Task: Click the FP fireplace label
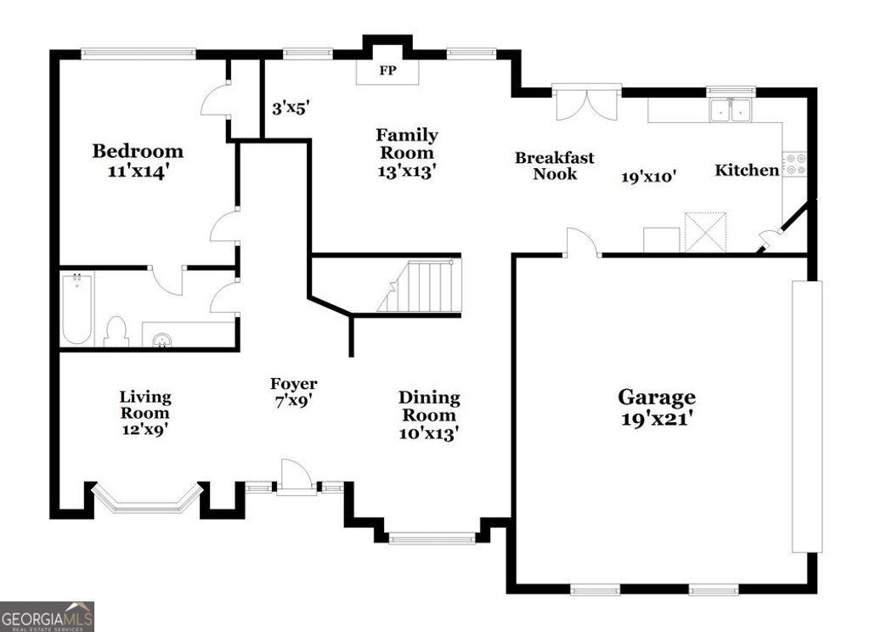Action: coord(387,71)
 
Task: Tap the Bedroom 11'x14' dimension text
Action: coord(138,172)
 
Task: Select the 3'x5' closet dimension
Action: coord(291,108)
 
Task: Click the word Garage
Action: coord(657,398)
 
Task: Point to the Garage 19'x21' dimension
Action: coord(657,419)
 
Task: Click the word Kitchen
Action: coord(747,170)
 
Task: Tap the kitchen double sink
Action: coord(730,110)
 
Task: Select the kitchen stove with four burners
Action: coord(794,164)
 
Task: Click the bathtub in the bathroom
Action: coord(76,308)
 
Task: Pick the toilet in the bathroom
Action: coord(116,331)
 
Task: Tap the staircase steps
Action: coord(421,286)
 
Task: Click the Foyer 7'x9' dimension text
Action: coord(293,401)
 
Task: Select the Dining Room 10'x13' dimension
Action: coord(429,432)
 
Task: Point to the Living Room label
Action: coord(145,404)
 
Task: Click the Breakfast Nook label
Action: coord(554,166)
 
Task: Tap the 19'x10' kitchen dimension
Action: coord(648,177)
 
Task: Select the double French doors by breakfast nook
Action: coord(586,104)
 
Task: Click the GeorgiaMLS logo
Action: coord(48,617)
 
